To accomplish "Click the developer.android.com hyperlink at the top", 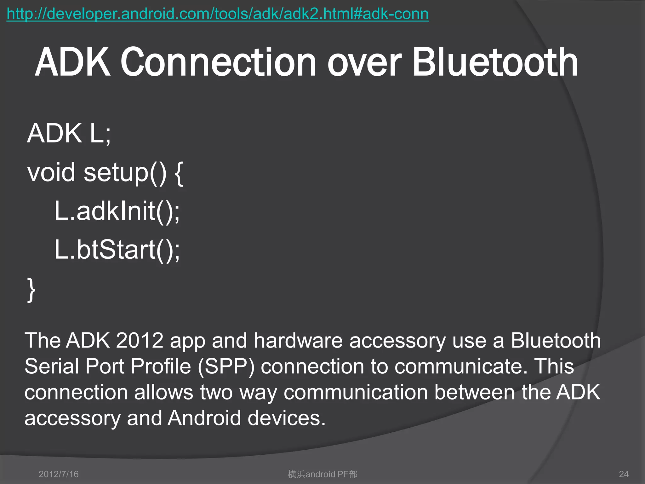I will pos(218,14).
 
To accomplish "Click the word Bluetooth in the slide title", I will pos(495,62).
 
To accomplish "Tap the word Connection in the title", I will pos(218,62).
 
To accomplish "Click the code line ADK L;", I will pos(69,134).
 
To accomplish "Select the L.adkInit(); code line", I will pos(117,211).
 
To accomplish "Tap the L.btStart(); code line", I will pos(117,250).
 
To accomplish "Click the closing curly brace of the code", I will pos(31,290).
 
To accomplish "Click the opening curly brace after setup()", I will pos(178,173).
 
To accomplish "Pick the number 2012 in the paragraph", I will pos(140,341).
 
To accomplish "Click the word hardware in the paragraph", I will pos(298,341).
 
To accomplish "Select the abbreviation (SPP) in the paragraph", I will pos(226,367).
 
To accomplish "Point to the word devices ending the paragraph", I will pos(286,418).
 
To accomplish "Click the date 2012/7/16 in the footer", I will pos(59,474).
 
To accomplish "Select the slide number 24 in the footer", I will pos(624,474).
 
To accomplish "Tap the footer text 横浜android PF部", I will pos(322,474).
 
